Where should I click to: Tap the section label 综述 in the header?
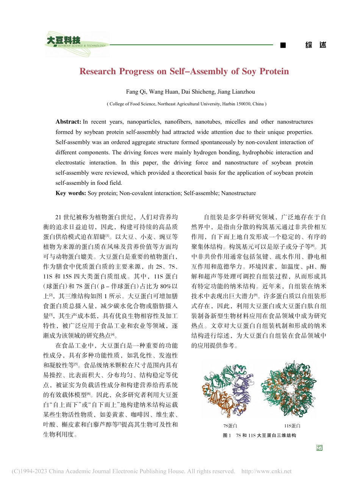pos(315,45)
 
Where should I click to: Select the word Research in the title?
pos(97,71)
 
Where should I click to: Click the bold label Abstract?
pos(68,122)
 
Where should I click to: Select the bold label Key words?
pos(70,193)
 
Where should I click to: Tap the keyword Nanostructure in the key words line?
pos(238,193)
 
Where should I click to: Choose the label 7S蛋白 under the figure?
pos(230,426)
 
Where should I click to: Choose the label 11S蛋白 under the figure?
pos(292,426)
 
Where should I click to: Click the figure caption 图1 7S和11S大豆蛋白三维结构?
pos(260,435)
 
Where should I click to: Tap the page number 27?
pos(319,448)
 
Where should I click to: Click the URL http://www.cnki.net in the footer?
pos(266,471)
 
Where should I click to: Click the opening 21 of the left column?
pos(58,217)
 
